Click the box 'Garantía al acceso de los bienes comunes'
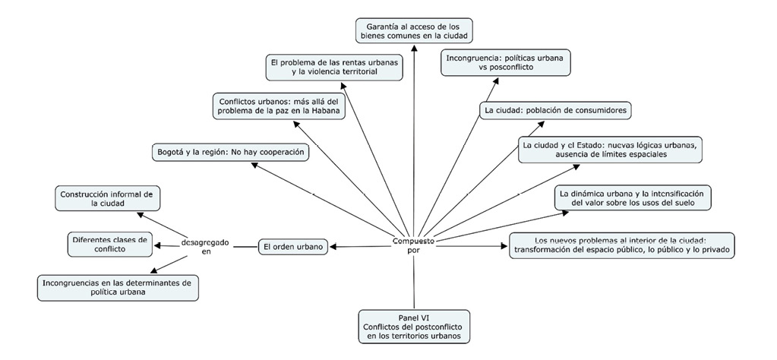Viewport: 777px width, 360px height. pos(414,30)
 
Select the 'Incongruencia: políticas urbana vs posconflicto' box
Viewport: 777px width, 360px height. pos(507,62)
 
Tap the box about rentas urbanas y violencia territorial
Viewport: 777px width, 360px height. pos(335,67)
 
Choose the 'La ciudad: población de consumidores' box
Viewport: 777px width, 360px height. pos(555,110)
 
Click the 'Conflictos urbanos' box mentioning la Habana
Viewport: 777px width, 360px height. pos(277,106)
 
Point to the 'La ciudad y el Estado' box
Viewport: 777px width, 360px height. pos(609,150)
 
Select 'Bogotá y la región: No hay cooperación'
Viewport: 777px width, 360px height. pos(231,153)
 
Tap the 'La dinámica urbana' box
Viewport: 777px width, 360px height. pos(632,198)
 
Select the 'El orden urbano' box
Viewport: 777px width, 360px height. pos(293,246)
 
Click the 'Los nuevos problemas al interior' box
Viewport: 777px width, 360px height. pos(621,246)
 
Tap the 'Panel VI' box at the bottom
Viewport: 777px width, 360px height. pos(414,325)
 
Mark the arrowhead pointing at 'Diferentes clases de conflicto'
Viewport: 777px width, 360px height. pos(157,245)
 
